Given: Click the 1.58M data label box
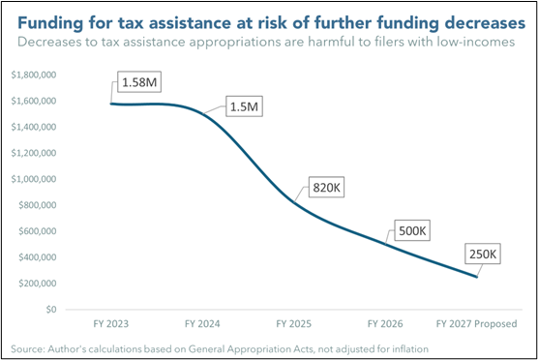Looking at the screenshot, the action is [139, 82].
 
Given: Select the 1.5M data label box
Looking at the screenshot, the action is [244, 106].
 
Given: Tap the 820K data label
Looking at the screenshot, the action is [326, 188].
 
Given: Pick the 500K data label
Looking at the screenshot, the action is [412, 230].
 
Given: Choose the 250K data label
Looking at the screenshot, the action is [483, 254].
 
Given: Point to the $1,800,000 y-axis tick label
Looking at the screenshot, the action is [34, 75].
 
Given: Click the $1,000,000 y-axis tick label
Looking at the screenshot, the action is [34, 179].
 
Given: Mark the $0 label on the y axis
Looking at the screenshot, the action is [51, 310].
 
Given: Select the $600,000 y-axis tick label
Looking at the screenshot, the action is [38, 231].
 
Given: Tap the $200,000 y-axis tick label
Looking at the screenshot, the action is [38, 284].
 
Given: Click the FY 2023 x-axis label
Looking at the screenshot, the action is [111, 324].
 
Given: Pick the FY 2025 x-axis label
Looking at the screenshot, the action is [294, 324].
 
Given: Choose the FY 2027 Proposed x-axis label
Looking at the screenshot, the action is [477, 324].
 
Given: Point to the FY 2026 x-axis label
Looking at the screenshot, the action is [385, 324].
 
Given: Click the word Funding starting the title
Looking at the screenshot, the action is [50, 23].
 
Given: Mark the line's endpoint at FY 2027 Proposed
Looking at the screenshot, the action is [477, 277].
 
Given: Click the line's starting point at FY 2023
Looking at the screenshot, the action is [111, 104].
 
